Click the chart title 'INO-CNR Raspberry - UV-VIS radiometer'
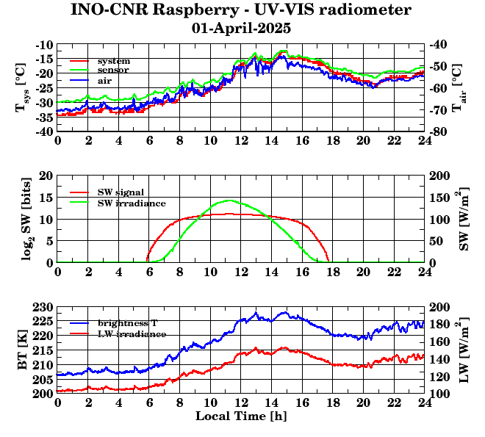point(241,10)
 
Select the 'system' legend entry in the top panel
point(113,60)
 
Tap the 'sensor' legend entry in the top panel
point(113,70)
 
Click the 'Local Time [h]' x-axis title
point(240,416)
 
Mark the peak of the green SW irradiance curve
point(229,200)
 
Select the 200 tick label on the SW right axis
point(439,176)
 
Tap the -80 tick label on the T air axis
point(439,132)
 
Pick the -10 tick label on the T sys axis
point(44,45)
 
